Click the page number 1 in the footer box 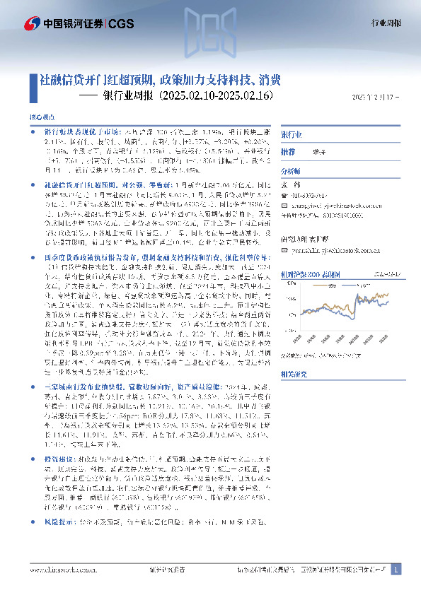pyautogui.click(x=396, y=570)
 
